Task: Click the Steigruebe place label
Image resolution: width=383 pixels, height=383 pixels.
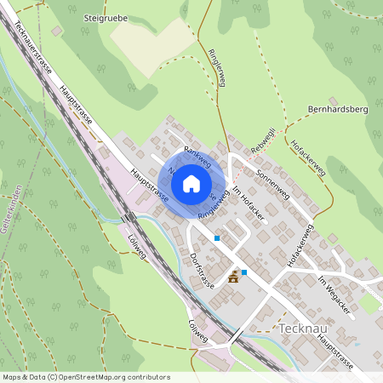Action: [x=105, y=16]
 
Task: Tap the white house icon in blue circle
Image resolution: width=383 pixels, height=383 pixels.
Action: [x=191, y=183]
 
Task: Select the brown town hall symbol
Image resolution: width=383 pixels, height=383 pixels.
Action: [x=233, y=276]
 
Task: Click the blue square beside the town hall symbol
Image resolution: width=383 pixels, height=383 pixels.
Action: [x=244, y=272]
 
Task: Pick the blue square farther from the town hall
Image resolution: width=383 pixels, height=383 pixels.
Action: [x=217, y=238]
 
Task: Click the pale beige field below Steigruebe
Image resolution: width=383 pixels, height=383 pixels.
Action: [x=151, y=43]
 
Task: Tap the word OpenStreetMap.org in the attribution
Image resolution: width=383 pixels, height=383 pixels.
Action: [x=90, y=377]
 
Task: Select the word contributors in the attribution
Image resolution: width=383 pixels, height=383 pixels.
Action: [x=146, y=377]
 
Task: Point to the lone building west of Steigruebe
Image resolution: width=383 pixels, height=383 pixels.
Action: [x=56, y=31]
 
